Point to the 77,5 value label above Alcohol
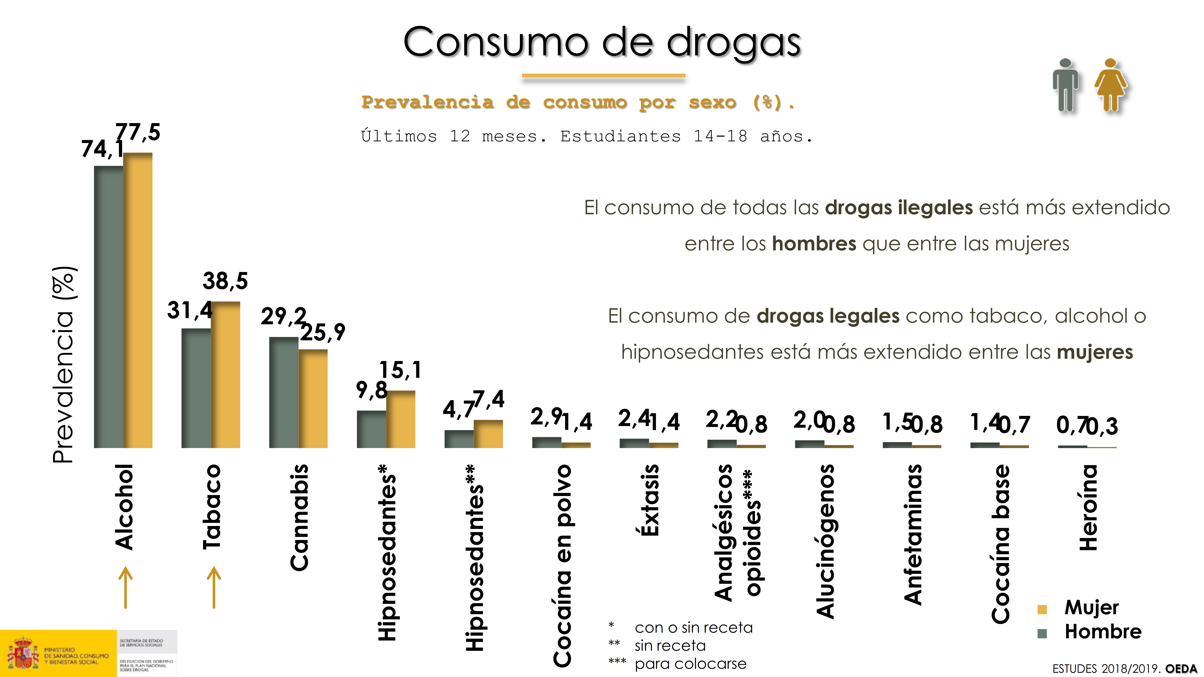138,132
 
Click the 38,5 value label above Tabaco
225,281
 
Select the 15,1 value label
401,370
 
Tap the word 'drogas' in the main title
734,43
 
